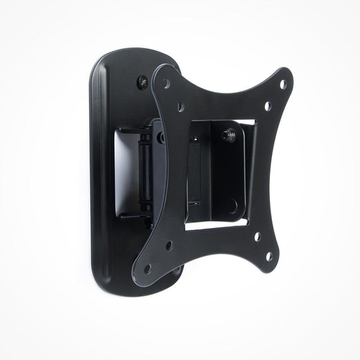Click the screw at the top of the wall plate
tap(144, 82)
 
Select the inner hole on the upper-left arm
tap(180, 105)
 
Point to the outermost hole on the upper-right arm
tap(283, 84)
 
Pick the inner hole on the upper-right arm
tap(267, 105)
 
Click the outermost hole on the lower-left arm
tap(148, 268)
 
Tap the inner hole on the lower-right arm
tap(257, 236)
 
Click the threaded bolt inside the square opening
tap(227, 135)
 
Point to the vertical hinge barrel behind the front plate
tap(143, 171)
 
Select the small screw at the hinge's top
tap(161, 137)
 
